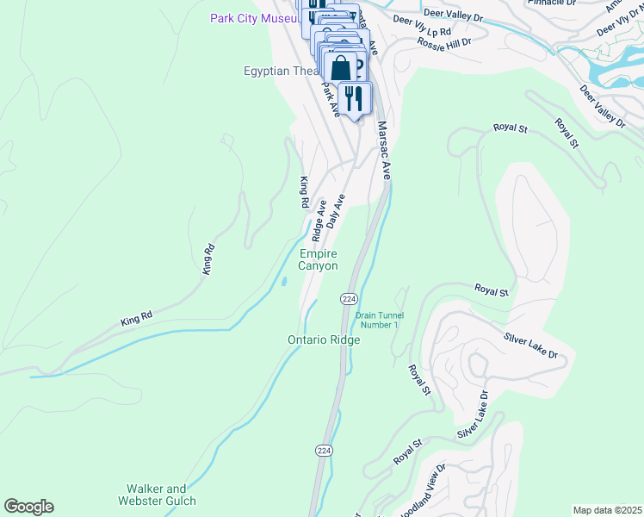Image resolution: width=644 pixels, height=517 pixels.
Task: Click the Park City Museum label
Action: (254, 19)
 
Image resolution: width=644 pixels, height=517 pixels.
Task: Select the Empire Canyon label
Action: (318, 259)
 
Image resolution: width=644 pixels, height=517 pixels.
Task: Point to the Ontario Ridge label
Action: (323, 340)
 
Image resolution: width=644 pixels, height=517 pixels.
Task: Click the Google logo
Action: (28, 507)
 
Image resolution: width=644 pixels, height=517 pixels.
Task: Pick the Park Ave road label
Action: (331, 99)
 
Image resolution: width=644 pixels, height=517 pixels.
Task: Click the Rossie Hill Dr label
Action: (443, 41)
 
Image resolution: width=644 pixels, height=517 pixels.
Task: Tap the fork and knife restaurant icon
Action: (355, 97)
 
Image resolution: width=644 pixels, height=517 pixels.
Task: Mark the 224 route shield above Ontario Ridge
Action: (348, 298)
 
